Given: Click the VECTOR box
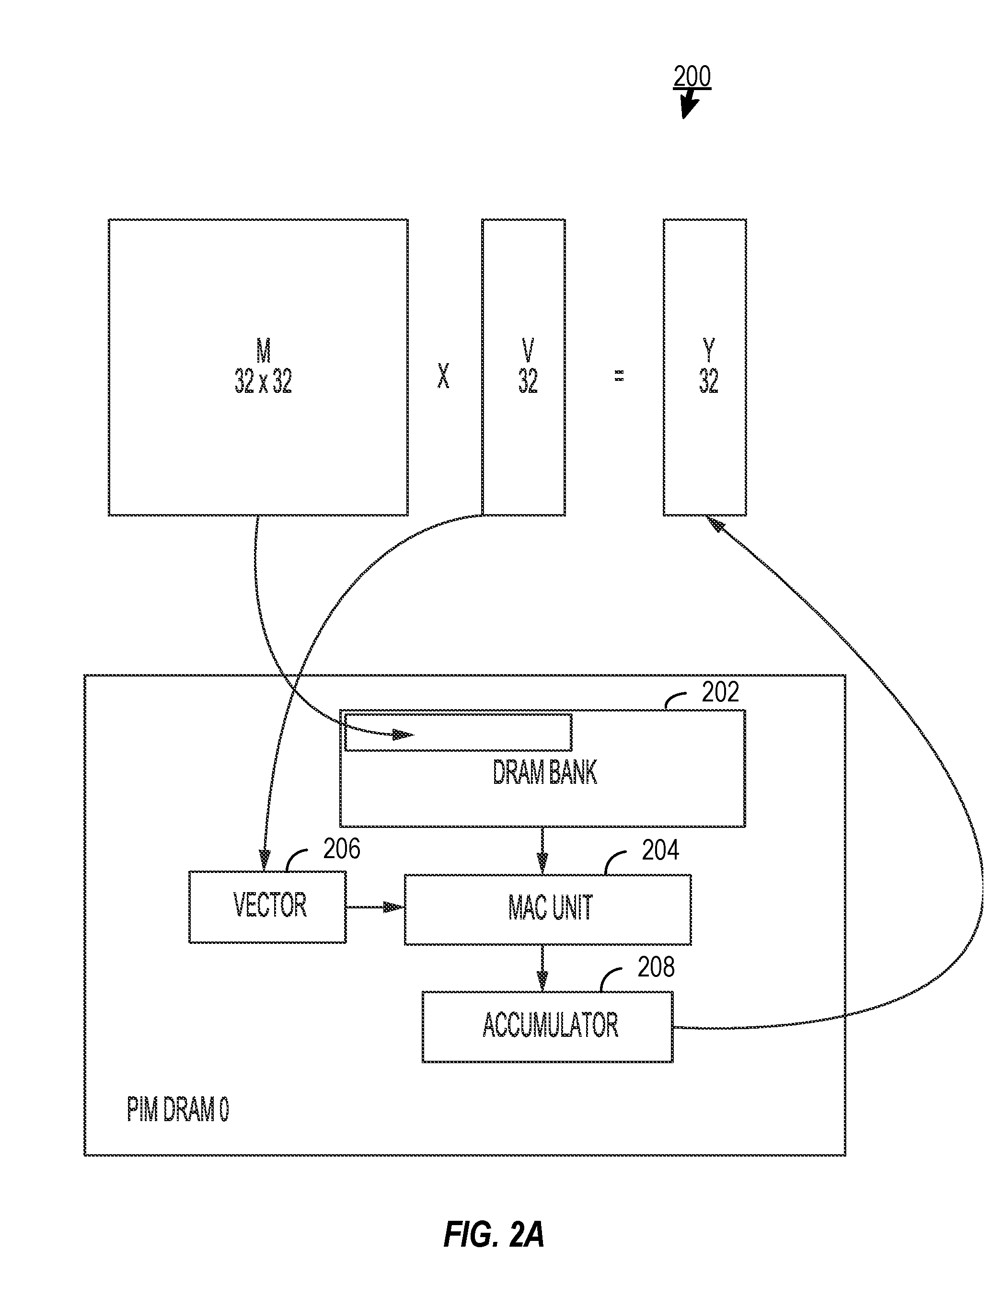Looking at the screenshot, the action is point(267,906).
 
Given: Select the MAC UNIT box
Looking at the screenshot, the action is point(548,909).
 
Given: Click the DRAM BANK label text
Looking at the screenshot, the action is point(545,772).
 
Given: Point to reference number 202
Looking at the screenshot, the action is point(720,692).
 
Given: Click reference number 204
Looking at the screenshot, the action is point(660,850).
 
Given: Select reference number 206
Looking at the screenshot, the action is point(341,849).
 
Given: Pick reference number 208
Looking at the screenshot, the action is point(656,967).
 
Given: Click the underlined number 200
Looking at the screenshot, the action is point(692,77).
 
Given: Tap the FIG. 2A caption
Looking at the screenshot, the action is point(494,1235).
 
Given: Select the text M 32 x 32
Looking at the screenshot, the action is point(263,367).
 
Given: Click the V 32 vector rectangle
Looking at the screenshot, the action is point(523,367).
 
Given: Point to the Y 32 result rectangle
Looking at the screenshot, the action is point(704,367).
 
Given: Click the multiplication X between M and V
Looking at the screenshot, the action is point(443,376).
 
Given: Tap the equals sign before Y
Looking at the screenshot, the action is point(619,376).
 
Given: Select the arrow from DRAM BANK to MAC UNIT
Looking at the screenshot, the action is point(542,850).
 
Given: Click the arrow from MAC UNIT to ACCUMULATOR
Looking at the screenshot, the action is point(542,968).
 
